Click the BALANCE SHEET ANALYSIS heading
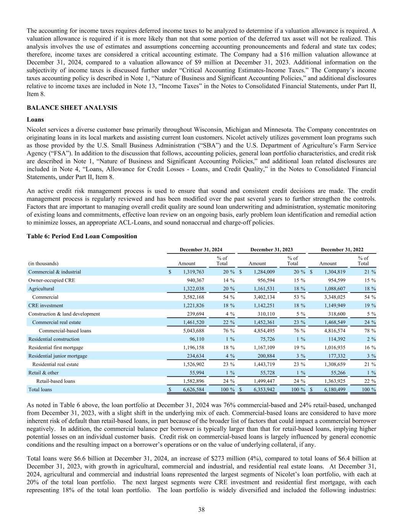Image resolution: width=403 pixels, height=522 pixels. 72,108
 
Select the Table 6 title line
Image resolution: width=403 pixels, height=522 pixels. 82,236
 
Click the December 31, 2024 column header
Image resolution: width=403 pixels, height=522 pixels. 201,250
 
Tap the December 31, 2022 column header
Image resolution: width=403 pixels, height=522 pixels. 342,250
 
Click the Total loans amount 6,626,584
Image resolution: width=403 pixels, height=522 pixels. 191,389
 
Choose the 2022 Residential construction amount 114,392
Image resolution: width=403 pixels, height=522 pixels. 335,339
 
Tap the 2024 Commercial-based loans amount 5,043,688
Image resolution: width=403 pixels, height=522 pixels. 191,330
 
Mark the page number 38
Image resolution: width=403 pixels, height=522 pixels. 201,509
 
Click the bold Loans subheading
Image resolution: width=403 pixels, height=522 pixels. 35,119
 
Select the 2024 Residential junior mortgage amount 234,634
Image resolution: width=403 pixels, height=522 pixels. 194,356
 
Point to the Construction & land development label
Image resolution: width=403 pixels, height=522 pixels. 64,314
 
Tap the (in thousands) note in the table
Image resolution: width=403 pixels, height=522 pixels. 44,263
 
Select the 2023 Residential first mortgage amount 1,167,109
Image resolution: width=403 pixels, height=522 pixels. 262,347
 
